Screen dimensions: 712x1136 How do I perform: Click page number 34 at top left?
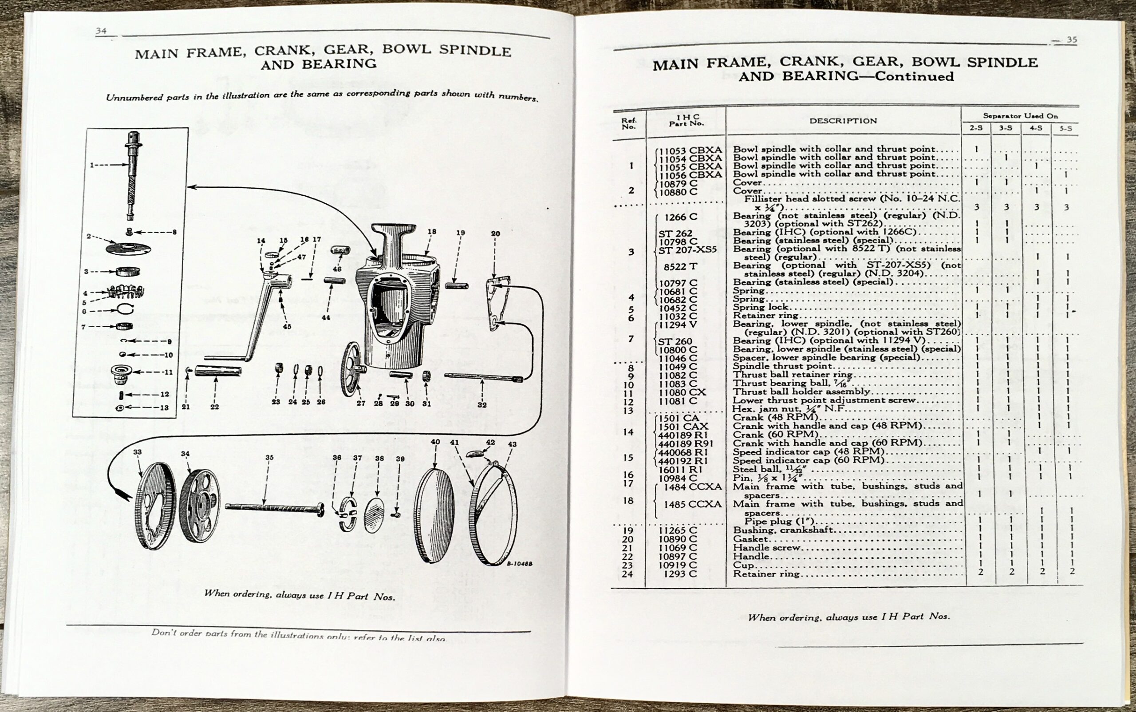click(101, 31)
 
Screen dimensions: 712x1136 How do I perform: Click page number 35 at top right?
click(1072, 40)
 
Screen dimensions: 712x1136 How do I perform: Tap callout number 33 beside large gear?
click(137, 452)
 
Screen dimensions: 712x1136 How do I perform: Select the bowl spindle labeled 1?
click(133, 174)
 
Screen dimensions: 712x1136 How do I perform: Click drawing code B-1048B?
click(519, 564)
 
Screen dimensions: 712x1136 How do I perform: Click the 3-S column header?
click(1006, 129)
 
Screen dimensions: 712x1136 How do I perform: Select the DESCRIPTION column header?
click(843, 121)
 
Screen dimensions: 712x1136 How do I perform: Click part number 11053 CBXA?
click(690, 150)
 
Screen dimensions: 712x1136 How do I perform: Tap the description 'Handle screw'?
click(766, 548)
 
